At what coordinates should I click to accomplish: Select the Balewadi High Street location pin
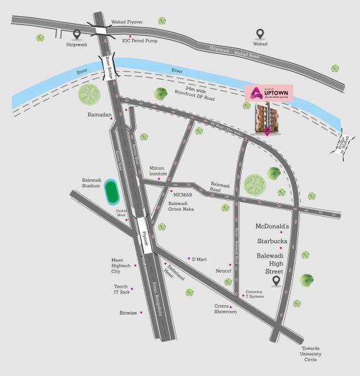tap(276, 281)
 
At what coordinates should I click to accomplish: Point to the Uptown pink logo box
tap(269, 93)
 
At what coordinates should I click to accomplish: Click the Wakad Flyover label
tap(127, 22)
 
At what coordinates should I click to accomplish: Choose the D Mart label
tap(199, 258)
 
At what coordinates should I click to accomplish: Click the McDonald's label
tap(272, 226)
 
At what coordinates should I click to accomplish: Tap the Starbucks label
tap(272, 241)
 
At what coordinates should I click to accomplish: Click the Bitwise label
tap(127, 311)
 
